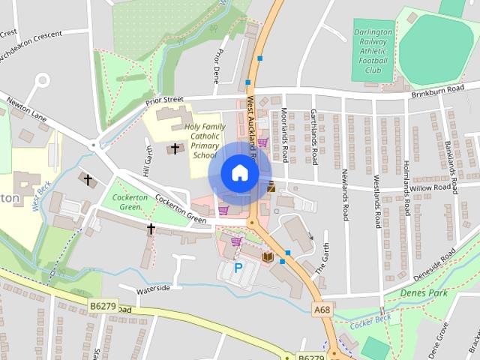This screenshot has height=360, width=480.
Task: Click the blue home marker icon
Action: pos(239,172)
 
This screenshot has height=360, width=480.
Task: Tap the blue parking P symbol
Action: pos(239,268)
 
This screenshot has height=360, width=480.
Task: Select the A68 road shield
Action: pos(322,309)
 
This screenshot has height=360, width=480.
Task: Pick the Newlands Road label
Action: pos(345,198)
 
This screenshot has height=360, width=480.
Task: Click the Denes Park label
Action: pos(424,292)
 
